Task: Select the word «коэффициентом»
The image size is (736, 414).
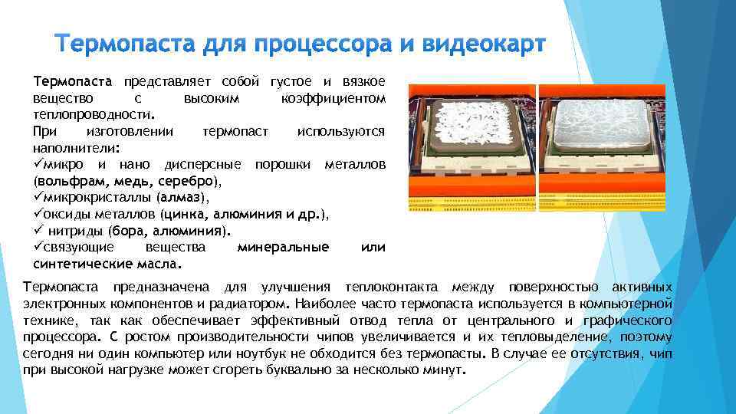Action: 333,99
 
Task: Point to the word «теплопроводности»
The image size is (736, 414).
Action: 92,115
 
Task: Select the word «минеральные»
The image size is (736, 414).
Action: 283,247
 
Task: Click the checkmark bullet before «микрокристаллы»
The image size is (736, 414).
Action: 38,198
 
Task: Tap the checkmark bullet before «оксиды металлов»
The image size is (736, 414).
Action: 38,215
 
